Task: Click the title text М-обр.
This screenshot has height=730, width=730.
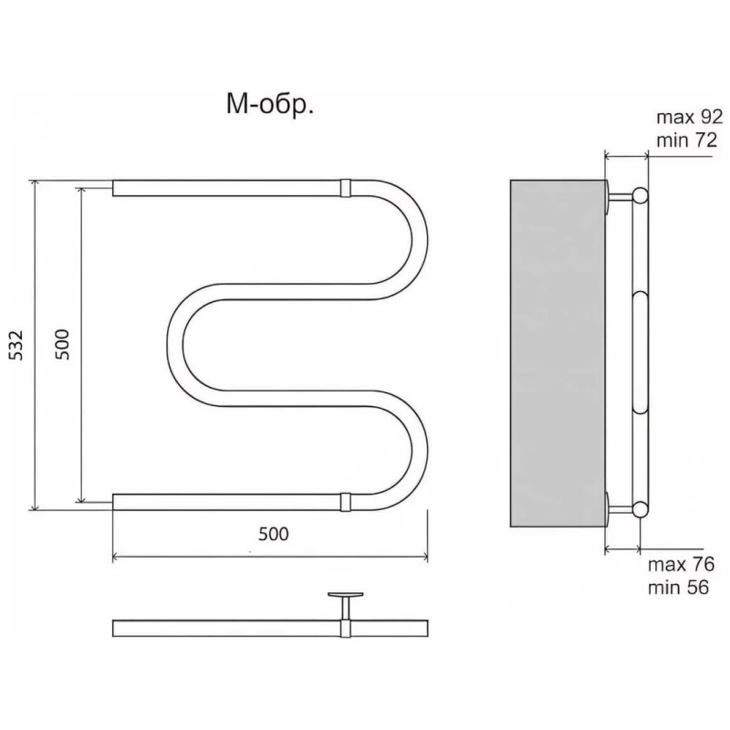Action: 269,105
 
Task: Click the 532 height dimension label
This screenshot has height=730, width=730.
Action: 16,345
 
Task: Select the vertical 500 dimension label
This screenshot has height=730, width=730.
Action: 61,344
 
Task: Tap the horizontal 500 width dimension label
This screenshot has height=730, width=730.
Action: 274,534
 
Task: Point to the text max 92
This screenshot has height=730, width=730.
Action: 690,118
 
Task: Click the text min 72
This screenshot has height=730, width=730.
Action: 687,140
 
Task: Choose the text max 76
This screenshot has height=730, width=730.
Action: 681,565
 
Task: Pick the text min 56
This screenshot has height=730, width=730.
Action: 678,587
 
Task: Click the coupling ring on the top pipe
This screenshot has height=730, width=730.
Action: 345,188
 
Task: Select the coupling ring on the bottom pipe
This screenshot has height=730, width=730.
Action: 345,501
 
